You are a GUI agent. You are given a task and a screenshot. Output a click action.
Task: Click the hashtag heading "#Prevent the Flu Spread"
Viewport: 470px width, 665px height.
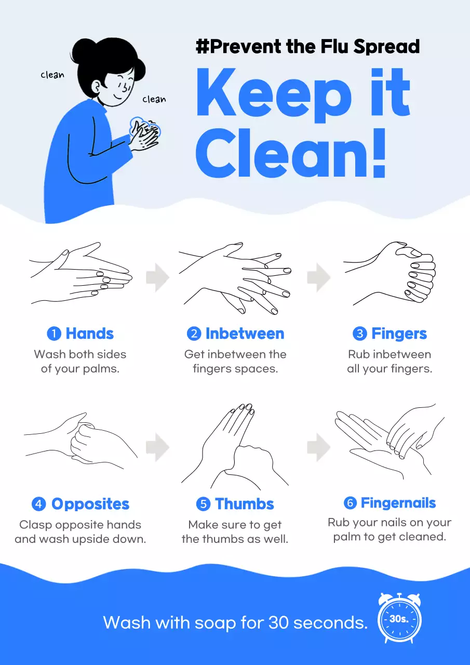[307, 47]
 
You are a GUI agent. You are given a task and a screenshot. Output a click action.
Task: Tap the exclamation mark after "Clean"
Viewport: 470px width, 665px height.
[379, 152]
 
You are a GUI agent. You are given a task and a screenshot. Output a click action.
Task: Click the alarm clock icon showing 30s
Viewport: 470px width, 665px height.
[399, 619]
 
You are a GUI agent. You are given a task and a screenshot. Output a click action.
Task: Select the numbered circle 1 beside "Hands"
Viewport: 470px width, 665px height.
[54, 334]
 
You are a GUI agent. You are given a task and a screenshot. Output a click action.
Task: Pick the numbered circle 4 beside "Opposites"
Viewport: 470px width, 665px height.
[39, 504]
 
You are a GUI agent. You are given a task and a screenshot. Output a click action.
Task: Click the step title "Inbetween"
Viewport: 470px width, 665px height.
[245, 334]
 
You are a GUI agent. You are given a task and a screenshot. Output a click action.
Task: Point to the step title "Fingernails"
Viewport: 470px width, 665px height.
[398, 503]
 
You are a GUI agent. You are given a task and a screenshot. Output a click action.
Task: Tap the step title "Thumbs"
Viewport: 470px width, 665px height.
[244, 504]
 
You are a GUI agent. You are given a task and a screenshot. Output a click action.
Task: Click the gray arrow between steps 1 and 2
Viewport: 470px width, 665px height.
[157, 278]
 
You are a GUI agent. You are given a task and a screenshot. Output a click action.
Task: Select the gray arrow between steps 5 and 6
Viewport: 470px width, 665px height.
[318, 447]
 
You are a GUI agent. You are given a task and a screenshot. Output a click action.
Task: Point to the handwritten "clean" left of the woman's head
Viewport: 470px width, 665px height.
[52, 75]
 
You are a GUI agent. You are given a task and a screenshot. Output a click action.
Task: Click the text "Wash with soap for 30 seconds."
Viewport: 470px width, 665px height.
[235, 622]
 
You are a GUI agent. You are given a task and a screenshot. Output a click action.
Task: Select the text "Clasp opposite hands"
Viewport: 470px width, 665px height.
[80, 525]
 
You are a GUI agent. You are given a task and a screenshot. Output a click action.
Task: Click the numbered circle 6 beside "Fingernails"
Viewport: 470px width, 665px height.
[350, 503]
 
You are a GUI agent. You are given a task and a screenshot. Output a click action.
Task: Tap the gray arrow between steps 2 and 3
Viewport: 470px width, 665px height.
[318, 278]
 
